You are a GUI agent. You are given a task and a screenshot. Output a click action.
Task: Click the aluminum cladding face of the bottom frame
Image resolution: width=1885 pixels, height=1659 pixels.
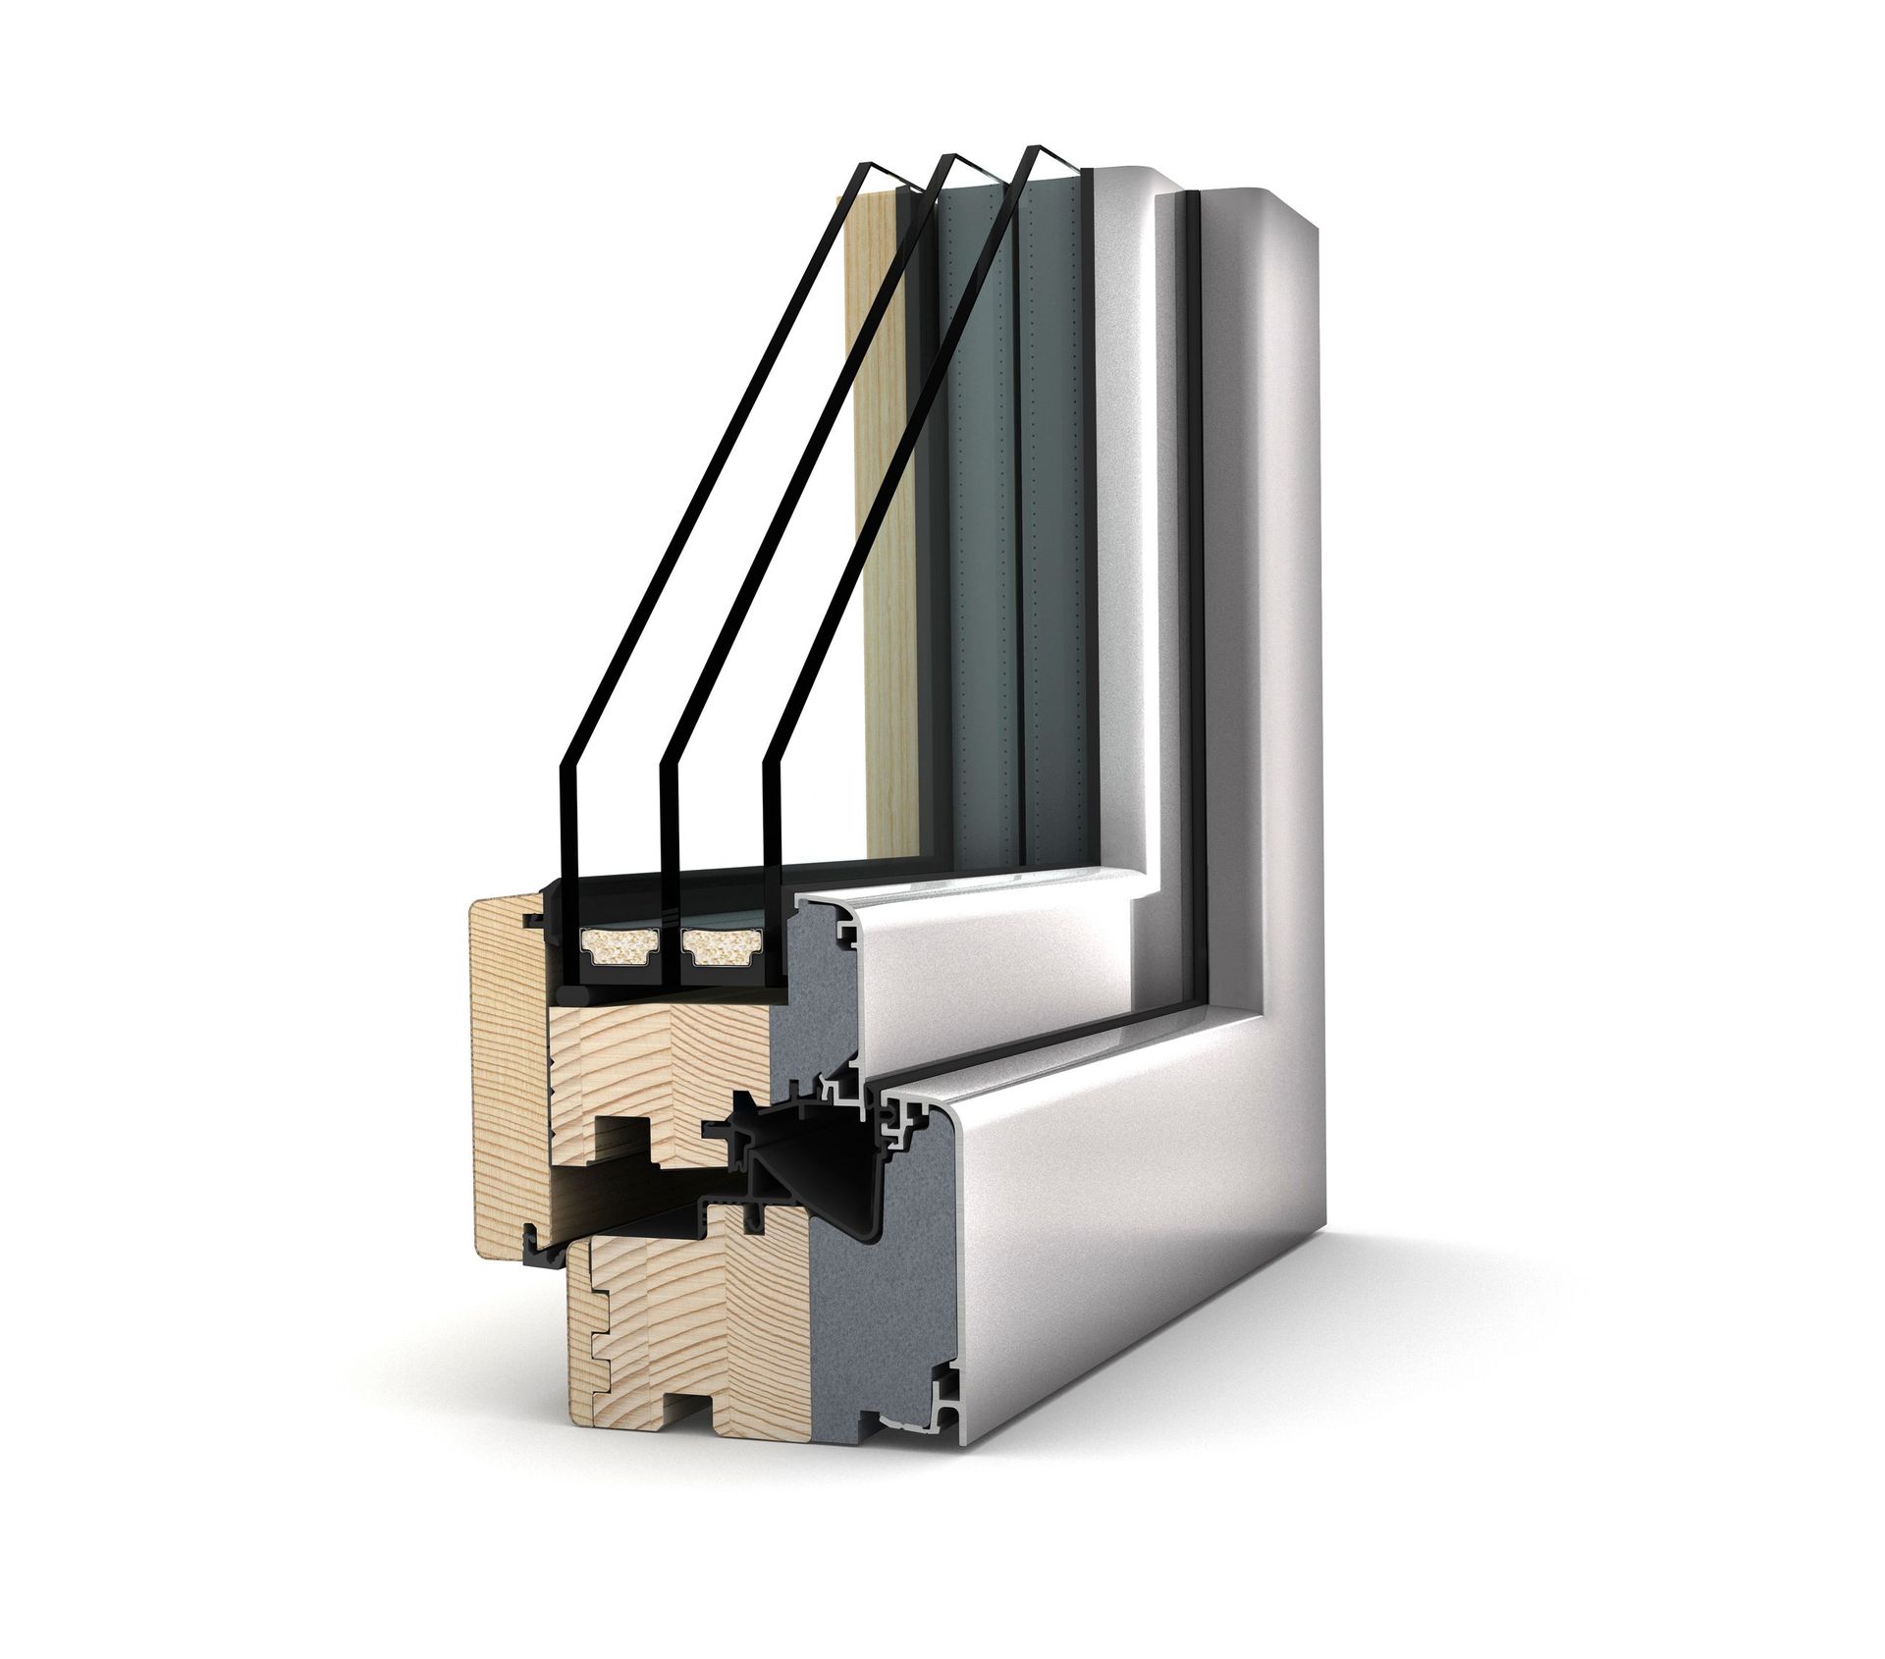(x=1129, y=1306)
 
